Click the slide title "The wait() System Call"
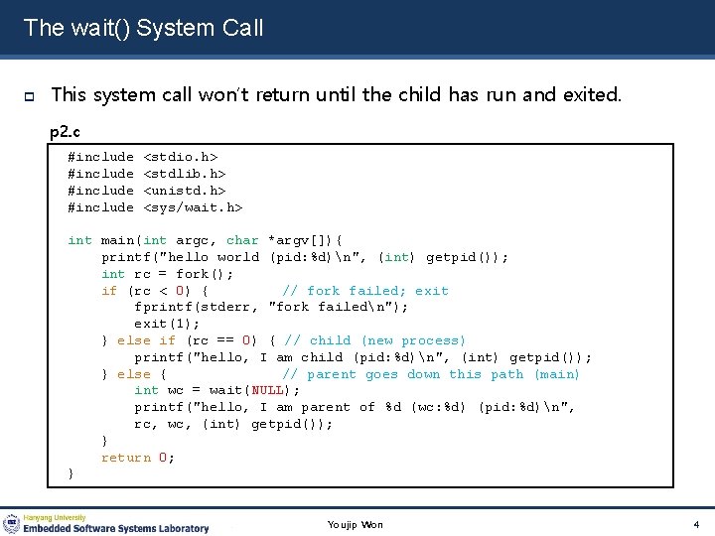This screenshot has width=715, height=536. [143, 28]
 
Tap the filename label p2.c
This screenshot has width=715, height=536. [67, 131]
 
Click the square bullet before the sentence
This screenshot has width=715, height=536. [30, 96]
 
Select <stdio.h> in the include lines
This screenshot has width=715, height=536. [181, 157]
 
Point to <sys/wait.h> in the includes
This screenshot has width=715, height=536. [194, 207]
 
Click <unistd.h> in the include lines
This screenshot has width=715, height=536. [185, 191]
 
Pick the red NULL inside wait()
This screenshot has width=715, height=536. [267, 390]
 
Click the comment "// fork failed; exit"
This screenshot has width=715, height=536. [365, 291]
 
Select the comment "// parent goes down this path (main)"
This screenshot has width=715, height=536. [431, 374]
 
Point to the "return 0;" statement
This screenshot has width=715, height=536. [138, 458]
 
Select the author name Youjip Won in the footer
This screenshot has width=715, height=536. [356, 524]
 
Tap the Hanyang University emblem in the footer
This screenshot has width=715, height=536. [12, 523]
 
